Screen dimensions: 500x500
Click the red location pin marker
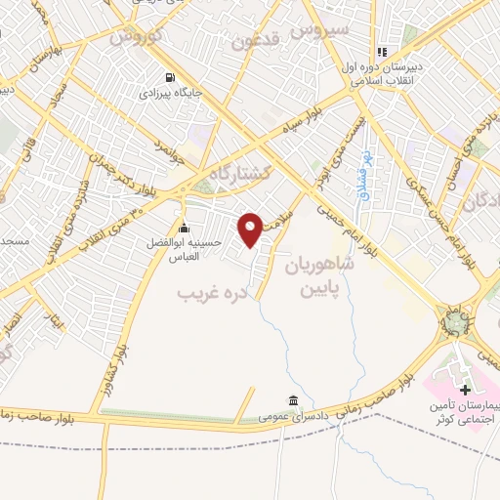(251, 229)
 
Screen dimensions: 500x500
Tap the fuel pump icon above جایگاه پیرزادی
(172, 77)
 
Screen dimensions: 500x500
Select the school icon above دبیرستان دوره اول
(383, 52)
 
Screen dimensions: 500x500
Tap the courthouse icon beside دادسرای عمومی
(293, 400)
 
